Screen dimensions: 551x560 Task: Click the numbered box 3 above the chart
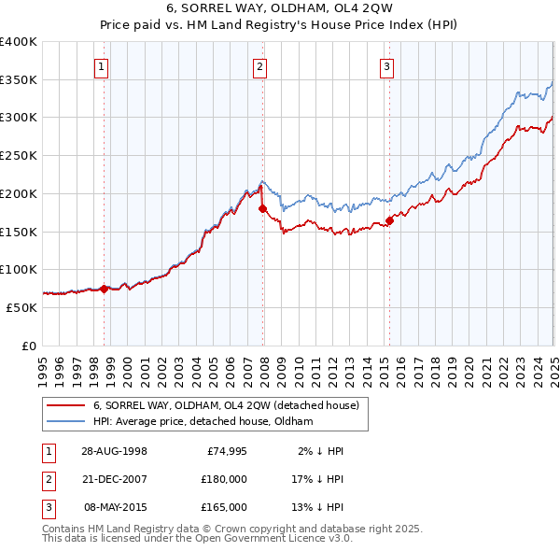point(385,66)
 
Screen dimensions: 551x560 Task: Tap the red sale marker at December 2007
point(262,209)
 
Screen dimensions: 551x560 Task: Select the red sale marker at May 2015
point(389,221)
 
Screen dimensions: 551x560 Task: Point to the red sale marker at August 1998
point(104,289)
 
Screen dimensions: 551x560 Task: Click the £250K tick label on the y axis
point(19,155)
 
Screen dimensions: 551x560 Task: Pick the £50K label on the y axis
point(22,307)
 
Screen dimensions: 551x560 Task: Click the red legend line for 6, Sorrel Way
point(66,406)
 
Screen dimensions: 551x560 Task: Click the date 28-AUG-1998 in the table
point(116,451)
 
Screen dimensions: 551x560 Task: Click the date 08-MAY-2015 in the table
point(116,507)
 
